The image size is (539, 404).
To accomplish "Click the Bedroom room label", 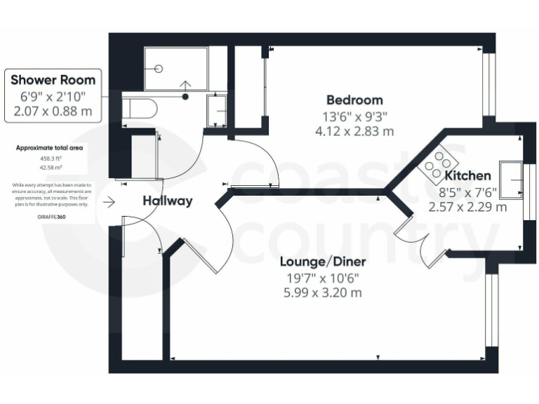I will (354, 100).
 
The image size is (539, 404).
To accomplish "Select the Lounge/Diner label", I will (323, 262).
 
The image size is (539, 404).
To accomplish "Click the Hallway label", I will (167, 201).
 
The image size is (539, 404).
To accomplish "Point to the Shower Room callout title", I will (53, 79).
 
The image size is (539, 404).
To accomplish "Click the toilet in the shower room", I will (136, 109).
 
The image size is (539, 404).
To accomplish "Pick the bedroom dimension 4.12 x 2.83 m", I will (354, 130).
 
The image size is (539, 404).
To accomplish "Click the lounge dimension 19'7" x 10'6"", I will (322, 278).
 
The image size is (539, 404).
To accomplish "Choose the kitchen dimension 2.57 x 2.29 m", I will (467, 207).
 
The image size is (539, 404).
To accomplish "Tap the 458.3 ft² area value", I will (51, 159).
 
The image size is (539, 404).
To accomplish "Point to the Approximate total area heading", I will (51, 149).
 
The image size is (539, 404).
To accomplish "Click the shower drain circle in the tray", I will (159, 69).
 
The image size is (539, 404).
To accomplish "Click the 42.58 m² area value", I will (51, 168).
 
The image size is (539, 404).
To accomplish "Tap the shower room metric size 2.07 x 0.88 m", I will (53, 110).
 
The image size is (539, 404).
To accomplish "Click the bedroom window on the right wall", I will (489, 84).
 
